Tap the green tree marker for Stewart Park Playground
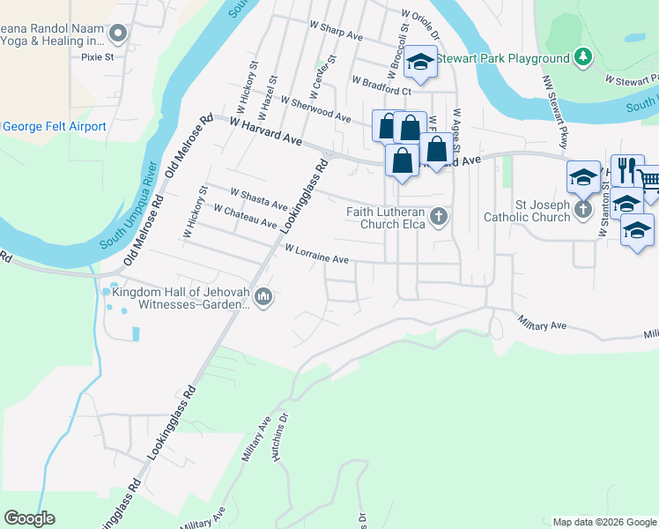581,57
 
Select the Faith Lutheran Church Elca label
386,218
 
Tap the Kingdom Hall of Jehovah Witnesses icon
263,299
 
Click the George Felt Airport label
55,127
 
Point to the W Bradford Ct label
381,86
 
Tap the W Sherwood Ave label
315,108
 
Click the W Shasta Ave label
258,198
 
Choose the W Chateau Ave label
245,216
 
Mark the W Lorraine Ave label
317,253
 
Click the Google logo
29,518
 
